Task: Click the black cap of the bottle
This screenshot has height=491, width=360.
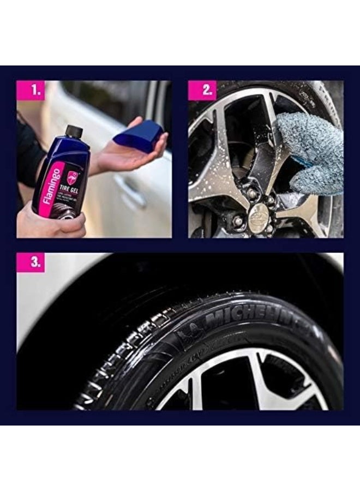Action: click(x=74, y=132)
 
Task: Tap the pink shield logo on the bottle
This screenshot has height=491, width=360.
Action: click(x=73, y=177)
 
